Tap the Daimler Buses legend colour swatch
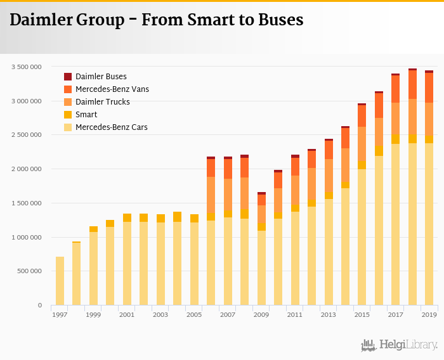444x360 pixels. pos(68,77)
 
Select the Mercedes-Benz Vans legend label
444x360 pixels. pos(112,89)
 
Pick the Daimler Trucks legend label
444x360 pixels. pos(103,102)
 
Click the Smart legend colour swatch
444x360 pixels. pos(68,115)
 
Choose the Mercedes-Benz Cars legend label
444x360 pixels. pos(112,127)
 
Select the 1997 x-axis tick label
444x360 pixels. pos(60,315)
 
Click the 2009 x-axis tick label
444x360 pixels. pos(261,315)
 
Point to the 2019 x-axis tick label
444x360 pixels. pos(429,315)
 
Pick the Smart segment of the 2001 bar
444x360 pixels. pos(127,217)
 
